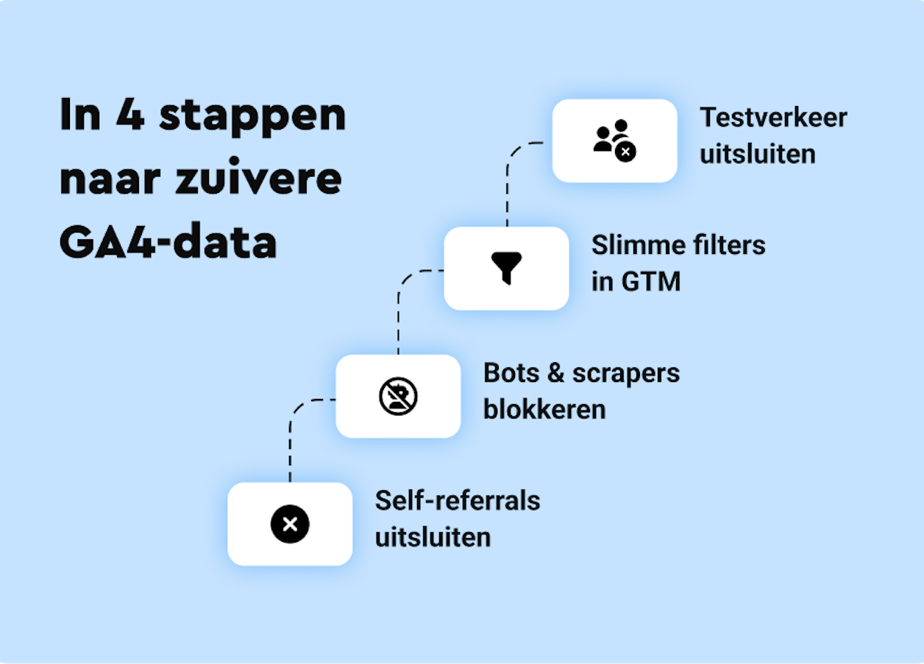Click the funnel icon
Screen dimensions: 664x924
[506, 267]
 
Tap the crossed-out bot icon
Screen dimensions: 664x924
[398, 396]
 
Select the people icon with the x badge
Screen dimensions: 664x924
[614, 140]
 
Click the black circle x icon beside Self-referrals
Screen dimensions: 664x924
[290, 524]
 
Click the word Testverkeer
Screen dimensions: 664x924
[773, 118]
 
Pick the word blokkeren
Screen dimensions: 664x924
[544, 409]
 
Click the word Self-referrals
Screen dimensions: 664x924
[458, 501]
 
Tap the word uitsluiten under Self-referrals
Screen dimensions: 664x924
[433, 537]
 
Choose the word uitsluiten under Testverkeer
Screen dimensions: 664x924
[757, 155]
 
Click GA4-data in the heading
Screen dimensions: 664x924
[168, 241]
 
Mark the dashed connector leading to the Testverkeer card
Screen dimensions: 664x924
[508, 184]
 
